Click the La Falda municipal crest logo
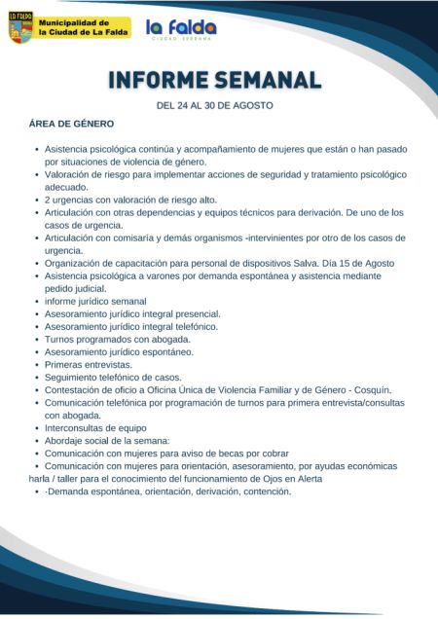tap(20, 27)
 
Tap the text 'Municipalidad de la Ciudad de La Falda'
tap(84, 27)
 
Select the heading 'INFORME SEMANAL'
tap(214, 79)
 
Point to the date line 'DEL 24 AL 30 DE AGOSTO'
tap(214, 105)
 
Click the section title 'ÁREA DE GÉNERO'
tap(72, 124)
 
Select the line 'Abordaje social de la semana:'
tap(107, 440)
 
